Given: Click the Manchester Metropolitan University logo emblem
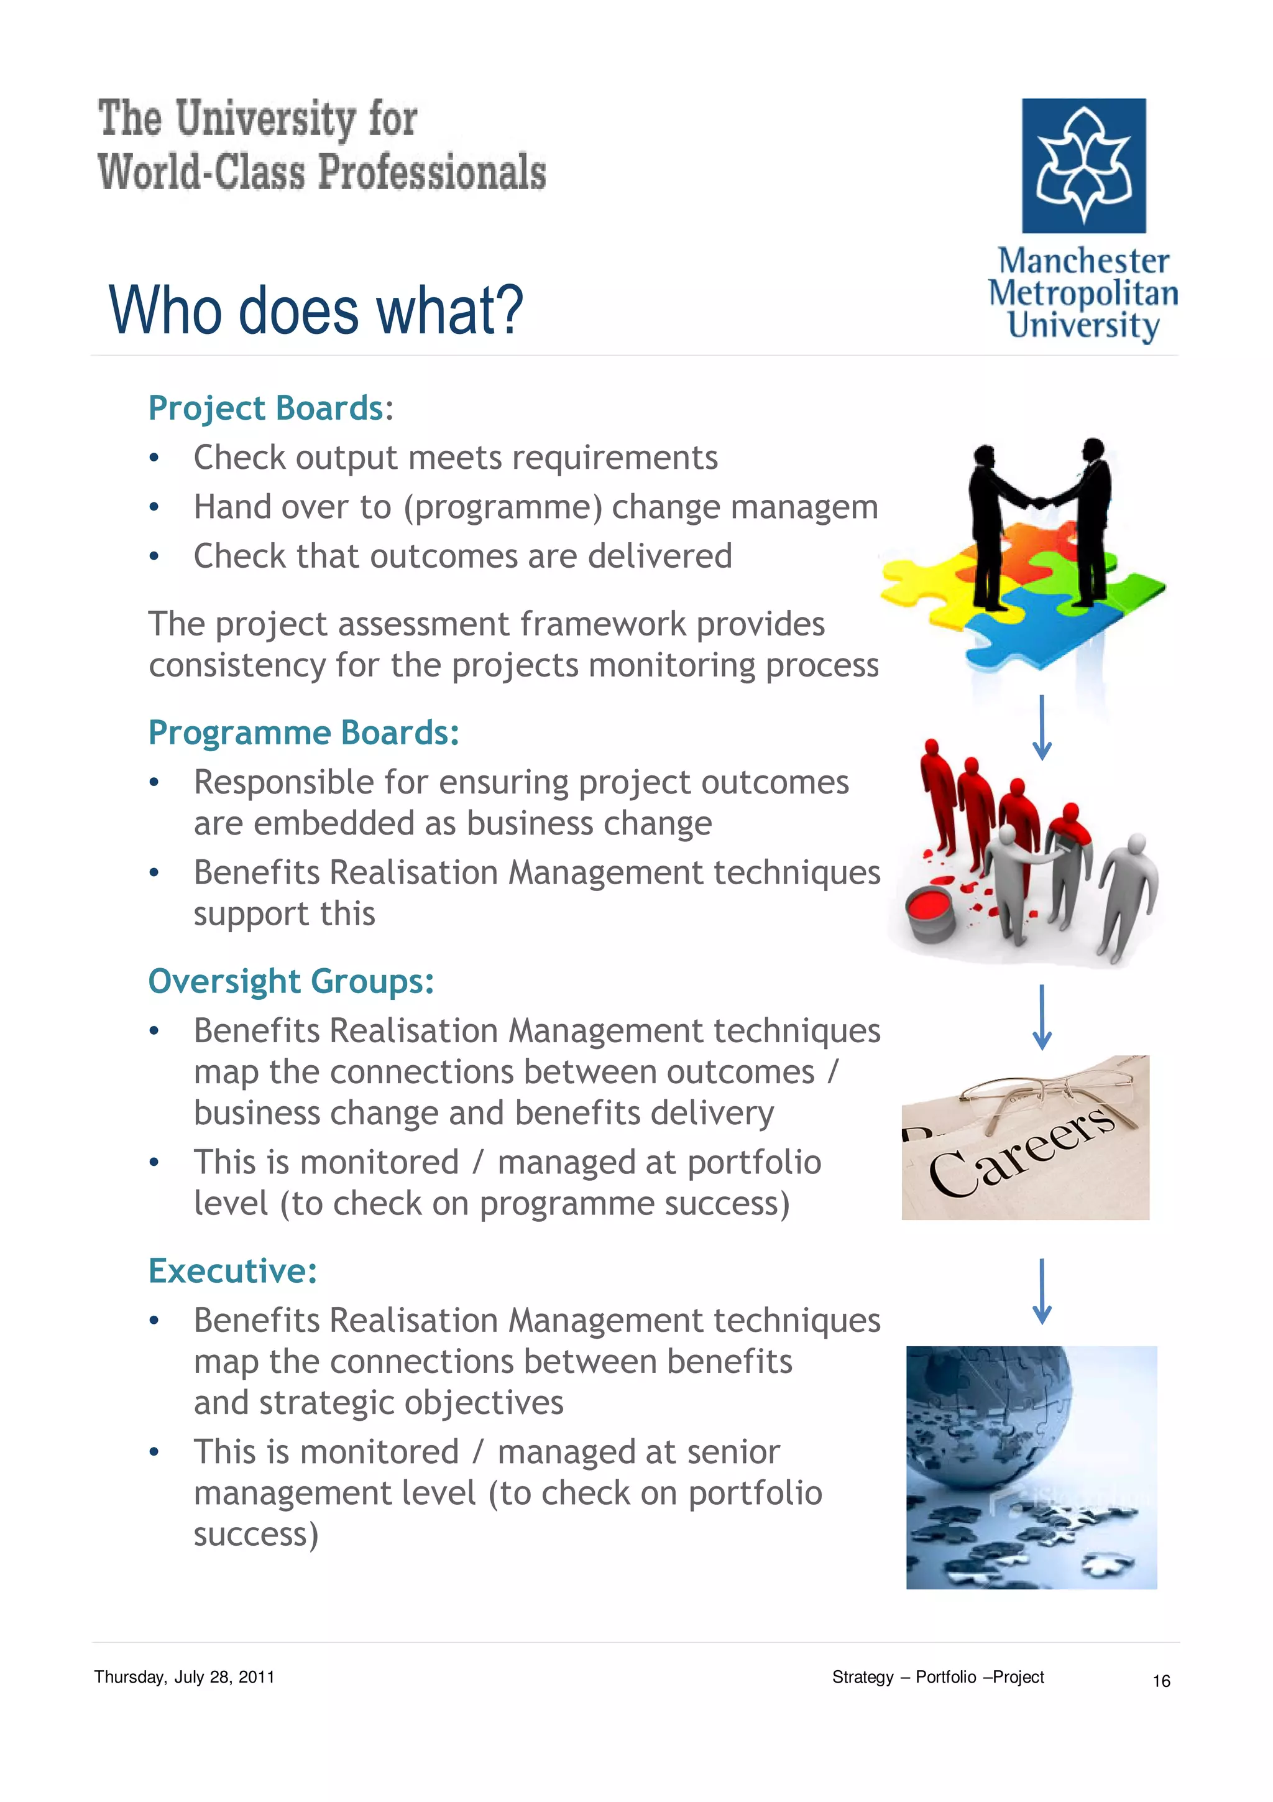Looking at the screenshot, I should (x=1083, y=165).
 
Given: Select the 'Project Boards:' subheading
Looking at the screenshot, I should (x=270, y=408).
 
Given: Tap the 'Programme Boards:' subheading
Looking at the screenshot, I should (x=303, y=732).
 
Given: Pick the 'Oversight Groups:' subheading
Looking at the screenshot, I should (x=291, y=981).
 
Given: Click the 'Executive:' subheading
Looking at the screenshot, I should (x=233, y=1270).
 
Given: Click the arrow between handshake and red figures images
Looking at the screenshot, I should (x=1042, y=728).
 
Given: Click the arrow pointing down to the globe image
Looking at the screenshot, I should (x=1042, y=1291).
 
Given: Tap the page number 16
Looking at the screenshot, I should (x=1161, y=1680).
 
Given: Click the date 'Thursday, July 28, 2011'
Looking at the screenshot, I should (x=185, y=1677).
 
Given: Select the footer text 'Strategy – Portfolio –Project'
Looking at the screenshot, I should (x=937, y=1677).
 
